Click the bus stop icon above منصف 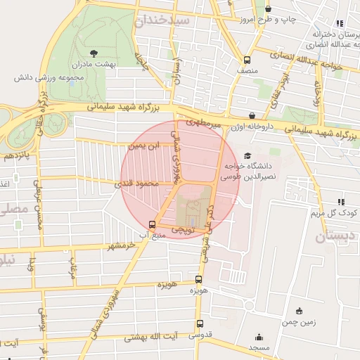247,60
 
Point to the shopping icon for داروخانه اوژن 252,115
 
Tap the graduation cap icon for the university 246,155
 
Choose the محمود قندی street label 141,184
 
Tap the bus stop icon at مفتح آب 153,224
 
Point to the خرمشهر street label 121,246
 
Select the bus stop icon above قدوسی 200,324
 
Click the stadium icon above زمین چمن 299,311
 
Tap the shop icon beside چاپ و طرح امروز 269,9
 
